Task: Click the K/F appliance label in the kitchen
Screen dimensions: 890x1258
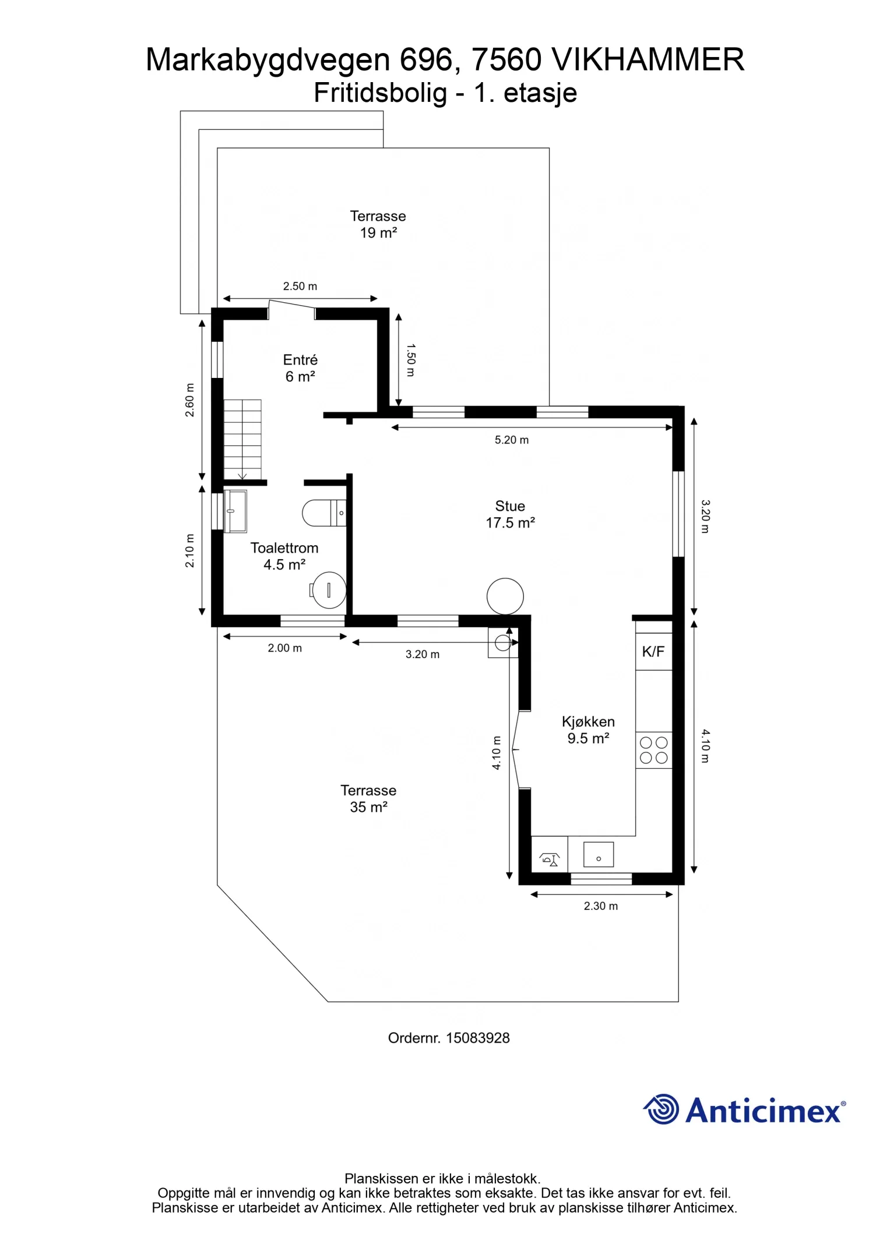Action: pos(653,652)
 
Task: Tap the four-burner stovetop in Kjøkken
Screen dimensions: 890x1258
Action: pos(653,750)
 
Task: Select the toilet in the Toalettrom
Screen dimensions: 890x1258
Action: pos(324,513)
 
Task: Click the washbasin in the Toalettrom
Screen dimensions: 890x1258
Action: pos(235,511)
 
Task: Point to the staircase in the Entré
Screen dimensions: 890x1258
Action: pos(242,440)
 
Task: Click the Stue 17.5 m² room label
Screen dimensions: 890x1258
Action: pos(511,514)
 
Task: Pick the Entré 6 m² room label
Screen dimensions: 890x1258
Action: pos(300,368)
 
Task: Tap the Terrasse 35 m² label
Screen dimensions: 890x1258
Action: pos(368,798)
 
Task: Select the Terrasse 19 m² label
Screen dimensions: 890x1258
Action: pos(378,224)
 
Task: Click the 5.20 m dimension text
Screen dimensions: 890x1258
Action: pos(512,440)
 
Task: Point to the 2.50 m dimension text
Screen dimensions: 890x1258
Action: pos(300,287)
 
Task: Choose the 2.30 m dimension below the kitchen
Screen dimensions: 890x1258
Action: pos(601,906)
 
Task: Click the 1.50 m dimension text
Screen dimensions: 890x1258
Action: pos(411,360)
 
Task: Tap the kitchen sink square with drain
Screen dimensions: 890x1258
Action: pos(599,854)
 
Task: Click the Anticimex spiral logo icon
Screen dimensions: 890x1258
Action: pos(661,1109)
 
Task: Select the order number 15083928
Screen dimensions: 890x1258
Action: pos(449,1038)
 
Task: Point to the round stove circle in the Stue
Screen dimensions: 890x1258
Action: pos(505,596)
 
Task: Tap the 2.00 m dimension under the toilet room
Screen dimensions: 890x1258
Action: pos(285,648)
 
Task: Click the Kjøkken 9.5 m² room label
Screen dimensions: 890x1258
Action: pos(588,730)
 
